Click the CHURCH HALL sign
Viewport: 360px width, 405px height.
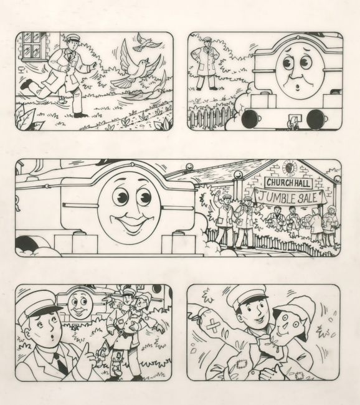coord(288,183)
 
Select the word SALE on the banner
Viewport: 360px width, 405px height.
coord(307,198)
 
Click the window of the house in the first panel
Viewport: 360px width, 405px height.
coord(33,46)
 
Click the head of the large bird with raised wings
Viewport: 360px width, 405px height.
coord(143,62)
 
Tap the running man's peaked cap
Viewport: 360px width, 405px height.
coord(73,38)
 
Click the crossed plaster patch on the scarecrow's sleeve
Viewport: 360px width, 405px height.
coord(213,326)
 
